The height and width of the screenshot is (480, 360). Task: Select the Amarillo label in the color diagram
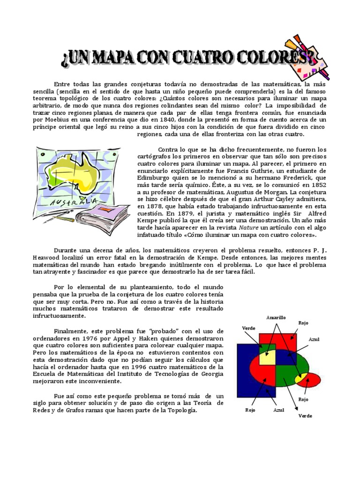tap(276, 317)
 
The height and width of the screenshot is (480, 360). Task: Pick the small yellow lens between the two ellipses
tap(301, 377)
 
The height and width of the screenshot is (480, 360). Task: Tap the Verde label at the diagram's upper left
tap(248, 328)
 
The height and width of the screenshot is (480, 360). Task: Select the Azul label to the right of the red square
tap(314, 338)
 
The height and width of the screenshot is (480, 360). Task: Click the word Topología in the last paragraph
tap(180, 410)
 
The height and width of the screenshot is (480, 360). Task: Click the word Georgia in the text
tap(211, 374)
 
